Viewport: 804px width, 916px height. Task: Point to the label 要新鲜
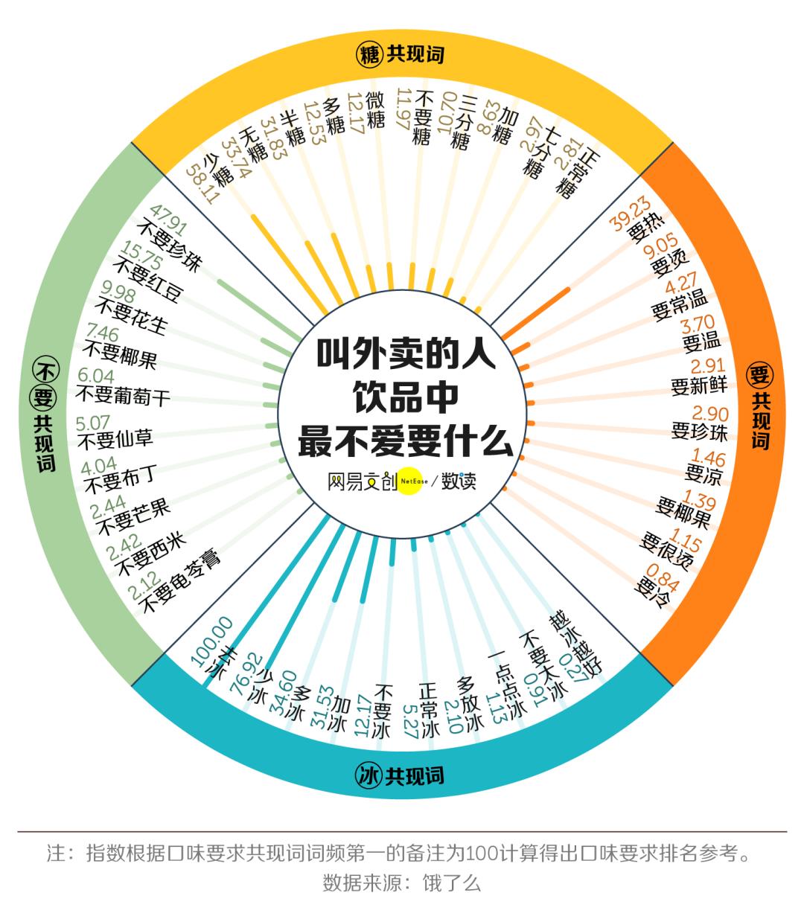(x=698, y=386)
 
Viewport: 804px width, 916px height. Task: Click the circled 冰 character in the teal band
(x=368, y=776)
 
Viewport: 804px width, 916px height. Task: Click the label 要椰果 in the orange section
(x=683, y=513)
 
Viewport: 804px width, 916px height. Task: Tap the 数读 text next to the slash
(x=459, y=481)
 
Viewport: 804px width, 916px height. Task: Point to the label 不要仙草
(x=115, y=440)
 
